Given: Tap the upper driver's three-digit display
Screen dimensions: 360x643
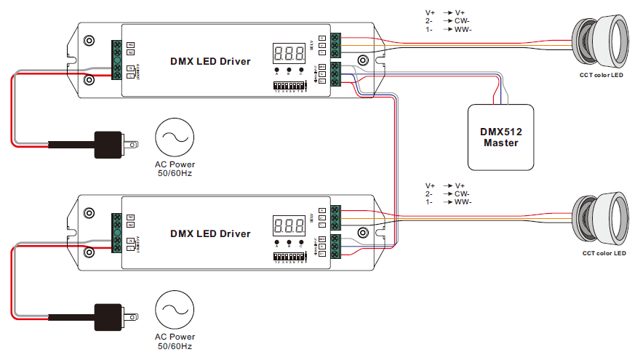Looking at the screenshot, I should point(289,53).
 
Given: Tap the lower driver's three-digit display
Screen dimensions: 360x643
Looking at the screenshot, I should point(289,225).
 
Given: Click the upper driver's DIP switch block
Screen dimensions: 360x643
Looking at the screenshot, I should point(289,86).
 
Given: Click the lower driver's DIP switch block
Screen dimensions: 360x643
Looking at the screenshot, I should point(289,257).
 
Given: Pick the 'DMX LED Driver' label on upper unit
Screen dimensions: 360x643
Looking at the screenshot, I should point(210,62).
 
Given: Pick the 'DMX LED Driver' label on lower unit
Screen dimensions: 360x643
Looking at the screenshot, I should point(210,233).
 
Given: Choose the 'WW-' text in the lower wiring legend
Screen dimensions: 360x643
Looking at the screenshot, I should point(463,201).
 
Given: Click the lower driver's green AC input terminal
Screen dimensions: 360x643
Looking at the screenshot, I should point(116,233).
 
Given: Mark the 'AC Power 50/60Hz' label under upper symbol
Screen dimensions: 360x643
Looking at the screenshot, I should point(175,169).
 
